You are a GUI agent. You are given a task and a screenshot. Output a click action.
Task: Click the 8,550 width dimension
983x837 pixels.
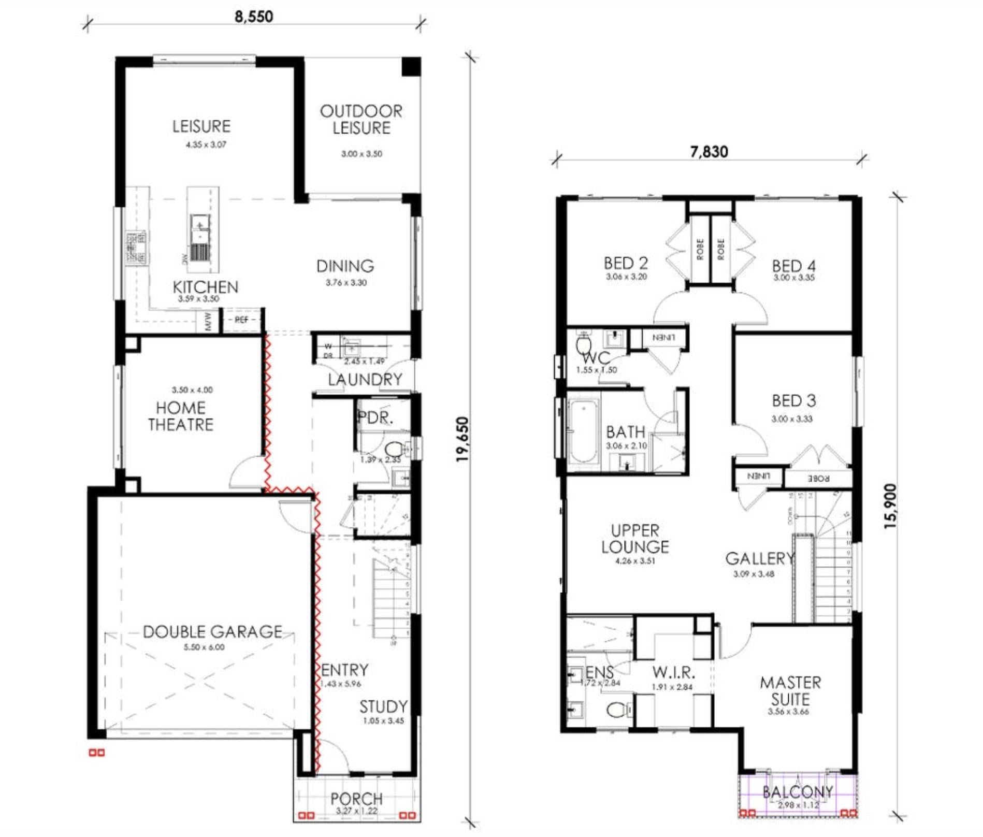pyautogui.click(x=254, y=17)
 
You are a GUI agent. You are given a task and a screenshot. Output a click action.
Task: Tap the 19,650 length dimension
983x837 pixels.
pyautogui.click(x=462, y=439)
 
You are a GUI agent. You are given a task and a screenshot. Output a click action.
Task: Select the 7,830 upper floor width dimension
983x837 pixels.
pyautogui.click(x=709, y=152)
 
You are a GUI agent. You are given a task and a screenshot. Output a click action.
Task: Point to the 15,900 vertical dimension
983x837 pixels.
pyautogui.click(x=890, y=506)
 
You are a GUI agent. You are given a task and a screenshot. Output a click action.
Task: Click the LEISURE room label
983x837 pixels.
pyautogui.click(x=201, y=126)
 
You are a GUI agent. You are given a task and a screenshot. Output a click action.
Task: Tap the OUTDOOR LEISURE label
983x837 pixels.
pyautogui.click(x=361, y=120)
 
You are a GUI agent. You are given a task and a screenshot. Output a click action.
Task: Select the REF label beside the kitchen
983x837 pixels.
pyautogui.click(x=241, y=320)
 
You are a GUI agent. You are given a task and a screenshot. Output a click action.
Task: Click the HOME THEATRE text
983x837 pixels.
pyautogui.click(x=181, y=416)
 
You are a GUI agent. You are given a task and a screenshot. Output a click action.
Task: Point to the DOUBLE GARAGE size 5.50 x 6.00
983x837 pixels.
pyautogui.click(x=204, y=647)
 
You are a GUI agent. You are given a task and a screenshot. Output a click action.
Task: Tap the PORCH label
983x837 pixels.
pyautogui.click(x=356, y=798)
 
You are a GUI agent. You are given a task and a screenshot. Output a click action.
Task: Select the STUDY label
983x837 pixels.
pyautogui.click(x=383, y=706)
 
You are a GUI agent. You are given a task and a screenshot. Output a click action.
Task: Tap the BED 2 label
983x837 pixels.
pyautogui.click(x=626, y=263)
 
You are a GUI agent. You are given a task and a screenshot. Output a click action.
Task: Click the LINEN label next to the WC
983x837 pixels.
pyautogui.click(x=663, y=338)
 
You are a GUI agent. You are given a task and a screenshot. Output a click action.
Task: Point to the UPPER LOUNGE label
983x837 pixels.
pyautogui.click(x=635, y=539)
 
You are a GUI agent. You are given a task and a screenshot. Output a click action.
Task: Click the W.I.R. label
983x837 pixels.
pyautogui.click(x=673, y=672)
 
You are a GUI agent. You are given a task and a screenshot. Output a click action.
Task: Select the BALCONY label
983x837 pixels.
pyautogui.click(x=798, y=791)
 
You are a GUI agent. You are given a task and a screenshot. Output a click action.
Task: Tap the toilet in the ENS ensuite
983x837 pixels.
pyautogui.click(x=616, y=709)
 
